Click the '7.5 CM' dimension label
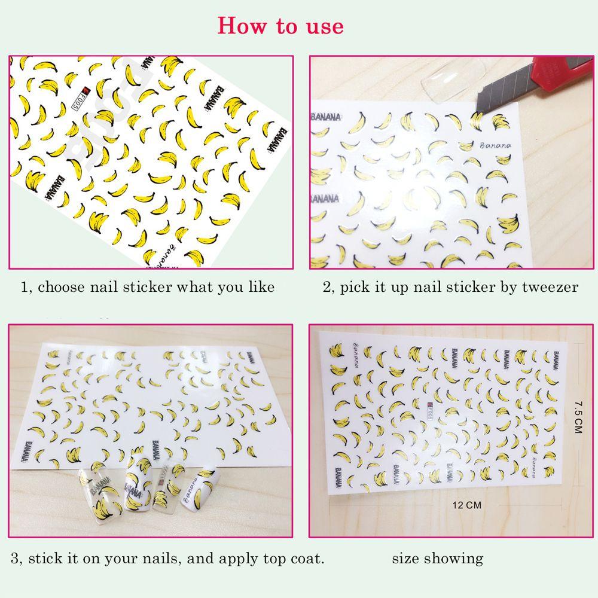coord(577,418)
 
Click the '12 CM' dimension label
coord(467,505)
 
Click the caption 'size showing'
coord(437,559)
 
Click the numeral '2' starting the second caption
coord(327,288)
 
